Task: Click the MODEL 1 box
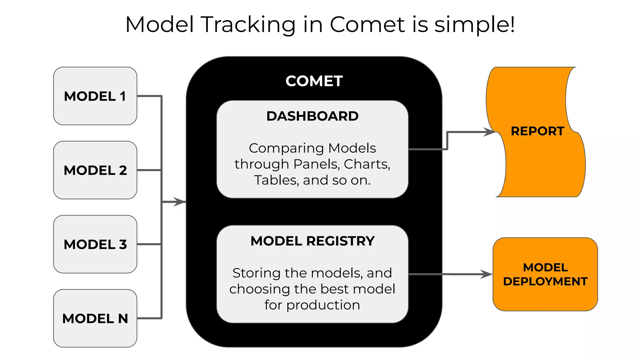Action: [95, 96]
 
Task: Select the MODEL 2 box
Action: [95, 170]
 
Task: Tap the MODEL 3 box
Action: [95, 244]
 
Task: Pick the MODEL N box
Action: [95, 318]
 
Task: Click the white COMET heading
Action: [314, 81]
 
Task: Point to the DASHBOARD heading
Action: [312, 116]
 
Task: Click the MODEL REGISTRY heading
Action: [312, 241]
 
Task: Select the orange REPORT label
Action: [537, 131]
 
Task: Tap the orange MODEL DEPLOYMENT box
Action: [545, 274]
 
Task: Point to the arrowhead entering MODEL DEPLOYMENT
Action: [487, 274]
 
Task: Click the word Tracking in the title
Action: [248, 24]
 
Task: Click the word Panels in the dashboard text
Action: [316, 164]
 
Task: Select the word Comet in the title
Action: [367, 24]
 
